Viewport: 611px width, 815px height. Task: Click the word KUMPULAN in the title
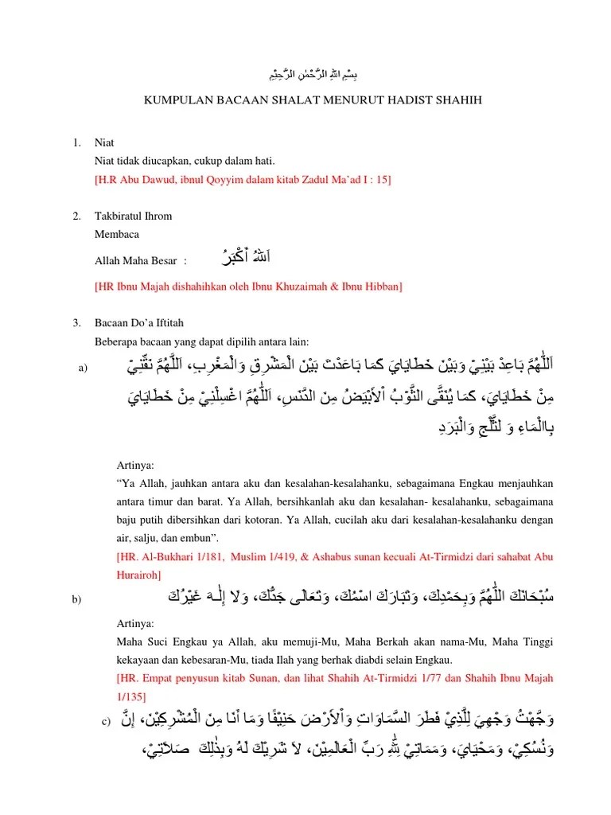[x=173, y=100]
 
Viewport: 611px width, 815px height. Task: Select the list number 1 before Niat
[x=76, y=143]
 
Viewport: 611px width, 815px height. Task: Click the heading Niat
[x=104, y=143]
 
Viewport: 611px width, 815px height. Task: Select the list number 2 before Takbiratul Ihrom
[x=76, y=216]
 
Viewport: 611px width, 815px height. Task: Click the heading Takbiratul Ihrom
[x=133, y=216]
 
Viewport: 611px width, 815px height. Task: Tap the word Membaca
[x=117, y=235]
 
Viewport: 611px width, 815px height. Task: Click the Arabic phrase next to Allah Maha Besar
[x=244, y=258]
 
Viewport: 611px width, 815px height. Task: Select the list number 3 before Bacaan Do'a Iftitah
[x=76, y=322]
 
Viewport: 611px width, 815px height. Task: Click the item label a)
[x=81, y=368]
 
